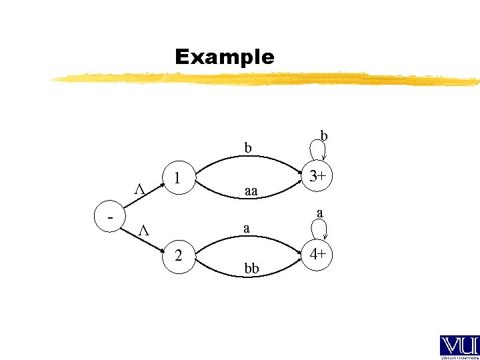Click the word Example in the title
(x=224, y=57)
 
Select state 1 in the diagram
(x=177, y=179)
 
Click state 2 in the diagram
(x=177, y=255)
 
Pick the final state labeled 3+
(x=317, y=177)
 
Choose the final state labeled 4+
(x=317, y=255)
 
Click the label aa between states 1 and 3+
(x=251, y=191)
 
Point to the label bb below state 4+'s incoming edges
(x=251, y=269)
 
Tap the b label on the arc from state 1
(x=247, y=147)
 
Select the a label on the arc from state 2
(x=247, y=228)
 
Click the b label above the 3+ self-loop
(x=324, y=135)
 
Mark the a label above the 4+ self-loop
(x=321, y=213)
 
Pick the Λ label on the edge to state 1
(x=140, y=189)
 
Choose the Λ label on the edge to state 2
(x=142, y=231)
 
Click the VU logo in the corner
(x=459, y=347)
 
